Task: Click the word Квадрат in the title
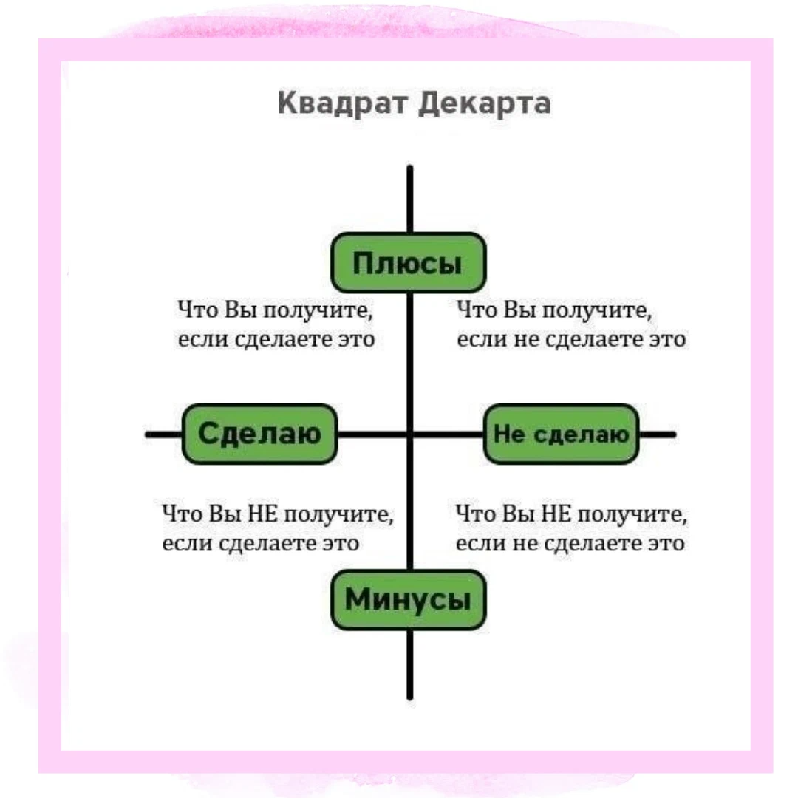click(344, 103)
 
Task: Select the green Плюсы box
click(408, 263)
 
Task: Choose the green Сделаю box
click(259, 434)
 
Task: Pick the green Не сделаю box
click(561, 434)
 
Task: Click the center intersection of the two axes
click(409, 434)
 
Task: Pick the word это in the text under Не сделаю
click(665, 544)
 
